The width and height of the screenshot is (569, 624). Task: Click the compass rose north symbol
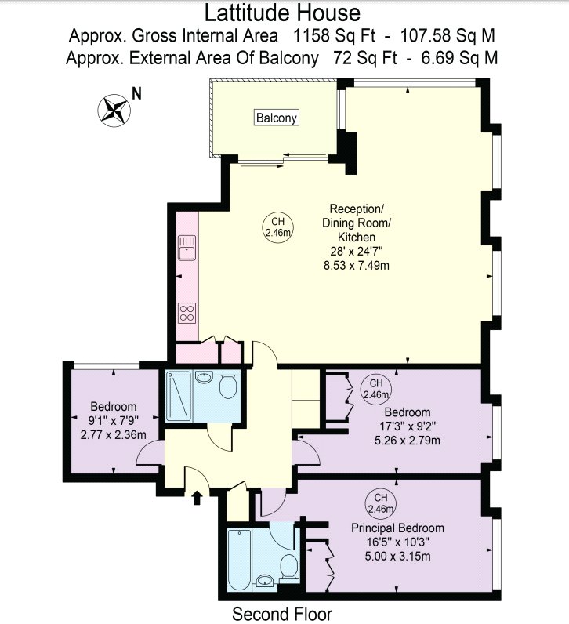click(114, 111)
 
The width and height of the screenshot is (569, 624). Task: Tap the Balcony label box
click(277, 118)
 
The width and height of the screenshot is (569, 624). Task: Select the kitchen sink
click(187, 248)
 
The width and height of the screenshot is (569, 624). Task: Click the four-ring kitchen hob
click(187, 313)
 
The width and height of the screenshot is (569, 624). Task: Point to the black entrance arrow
click(197, 498)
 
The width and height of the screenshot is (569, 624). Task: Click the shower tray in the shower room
click(179, 395)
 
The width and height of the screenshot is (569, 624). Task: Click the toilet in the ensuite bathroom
click(289, 568)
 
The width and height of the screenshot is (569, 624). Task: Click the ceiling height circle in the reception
click(277, 227)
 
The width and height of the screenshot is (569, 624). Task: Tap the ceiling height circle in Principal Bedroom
click(381, 503)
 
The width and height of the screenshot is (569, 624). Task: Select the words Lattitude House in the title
click(282, 13)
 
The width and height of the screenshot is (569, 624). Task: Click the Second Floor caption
click(282, 614)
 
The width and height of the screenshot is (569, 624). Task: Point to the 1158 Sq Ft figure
click(334, 36)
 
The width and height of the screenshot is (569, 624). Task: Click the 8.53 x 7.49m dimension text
click(357, 266)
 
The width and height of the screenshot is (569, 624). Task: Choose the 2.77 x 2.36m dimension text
click(114, 434)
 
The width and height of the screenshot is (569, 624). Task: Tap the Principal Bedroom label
click(397, 528)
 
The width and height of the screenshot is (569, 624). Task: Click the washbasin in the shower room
click(205, 377)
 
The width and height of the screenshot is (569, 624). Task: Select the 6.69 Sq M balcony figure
click(459, 58)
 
